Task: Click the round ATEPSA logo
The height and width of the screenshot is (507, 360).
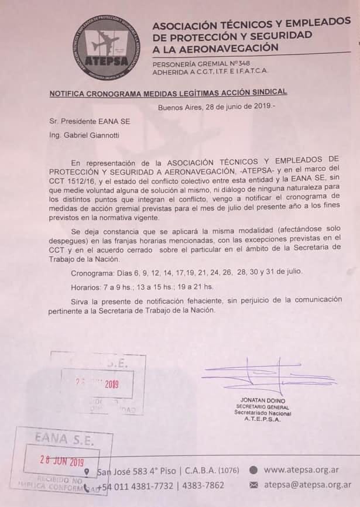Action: (x=107, y=48)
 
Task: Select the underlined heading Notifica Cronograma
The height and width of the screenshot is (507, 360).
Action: (x=168, y=93)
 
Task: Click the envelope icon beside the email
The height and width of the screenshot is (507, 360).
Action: (x=254, y=485)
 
